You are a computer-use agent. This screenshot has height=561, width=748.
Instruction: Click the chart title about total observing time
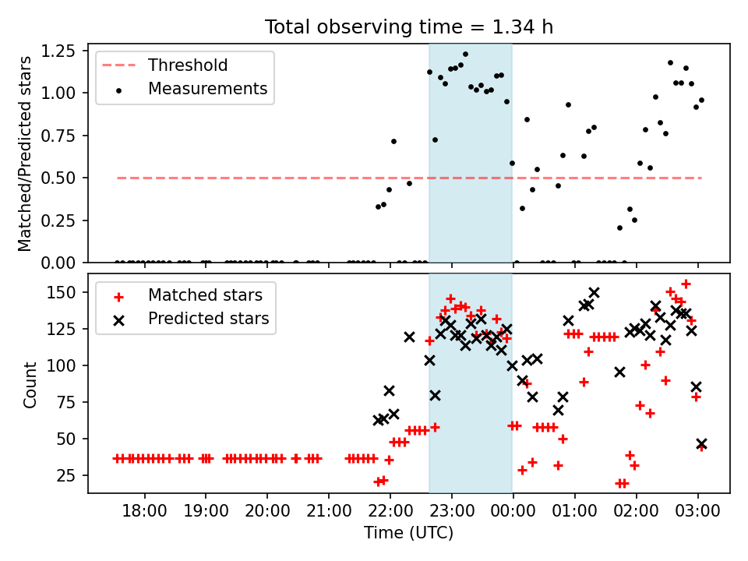pyautogui.click(x=409, y=26)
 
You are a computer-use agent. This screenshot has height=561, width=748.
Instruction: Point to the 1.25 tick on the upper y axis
pyautogui.click(x=61, y=51)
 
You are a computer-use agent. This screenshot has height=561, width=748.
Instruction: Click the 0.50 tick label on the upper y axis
pyautogui.click(x=61, y=178)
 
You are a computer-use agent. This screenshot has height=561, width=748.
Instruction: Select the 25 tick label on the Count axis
pyautogui.click(x=72, y=475)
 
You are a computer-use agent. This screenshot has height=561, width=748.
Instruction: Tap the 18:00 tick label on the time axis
pyautogui.click(x=145, y=511)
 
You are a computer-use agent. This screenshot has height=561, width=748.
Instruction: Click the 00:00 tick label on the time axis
pyautogui.click(x=513, y=511)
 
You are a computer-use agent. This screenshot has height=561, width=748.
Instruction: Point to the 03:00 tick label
pyautogui.click(x=698, y=511)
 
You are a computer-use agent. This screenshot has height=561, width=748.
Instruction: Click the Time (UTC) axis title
pyautogui.click(x=409, y=533)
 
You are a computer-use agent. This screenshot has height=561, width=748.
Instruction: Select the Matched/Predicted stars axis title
pyautogui.click(x=25, y=153)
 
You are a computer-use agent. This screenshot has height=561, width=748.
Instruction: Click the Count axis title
pyautogui.click(x=30, y=384)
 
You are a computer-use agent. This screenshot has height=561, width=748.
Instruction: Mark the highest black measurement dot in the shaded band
pyautogui.click(x=466, y=55)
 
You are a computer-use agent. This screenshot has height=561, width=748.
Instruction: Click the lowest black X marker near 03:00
pyautogui.click(x=701, y=444)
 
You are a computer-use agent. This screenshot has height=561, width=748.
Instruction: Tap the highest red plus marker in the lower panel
pyautogui.click(x=686, y=284)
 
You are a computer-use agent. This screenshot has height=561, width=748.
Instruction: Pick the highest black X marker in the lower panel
pyautogui.click(x=594, y=292)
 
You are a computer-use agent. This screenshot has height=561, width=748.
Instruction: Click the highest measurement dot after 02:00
pyautogui.click(x=670, y=63)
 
